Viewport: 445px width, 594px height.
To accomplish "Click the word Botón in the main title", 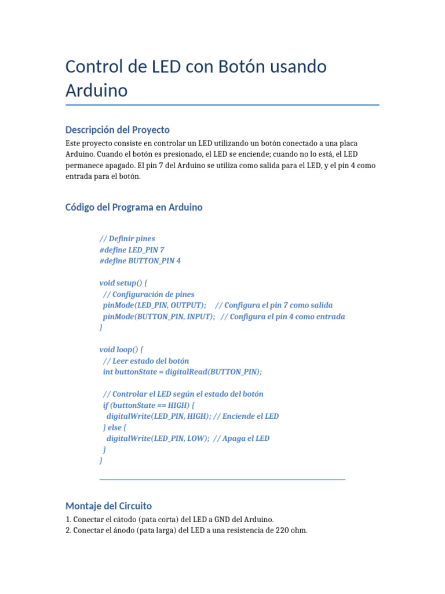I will tap(243, 67).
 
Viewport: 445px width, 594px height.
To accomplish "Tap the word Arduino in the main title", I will tap(96, 91).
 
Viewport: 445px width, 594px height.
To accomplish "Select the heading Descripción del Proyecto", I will tap(117, 129).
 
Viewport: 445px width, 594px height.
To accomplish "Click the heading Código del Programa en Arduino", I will tap(134, 207).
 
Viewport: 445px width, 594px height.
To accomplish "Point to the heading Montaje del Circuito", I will tap(108, 505).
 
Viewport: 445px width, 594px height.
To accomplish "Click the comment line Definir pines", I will tap(127, 238).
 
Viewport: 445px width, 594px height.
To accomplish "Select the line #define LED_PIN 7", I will tap(132, 249).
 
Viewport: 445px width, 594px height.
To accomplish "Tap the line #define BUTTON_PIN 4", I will tap(140, 261).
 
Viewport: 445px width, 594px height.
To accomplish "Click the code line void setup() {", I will tap(123, 283).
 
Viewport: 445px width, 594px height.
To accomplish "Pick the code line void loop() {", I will tap(121, 350).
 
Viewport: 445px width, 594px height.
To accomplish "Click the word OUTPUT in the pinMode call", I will tap(187, 305).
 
